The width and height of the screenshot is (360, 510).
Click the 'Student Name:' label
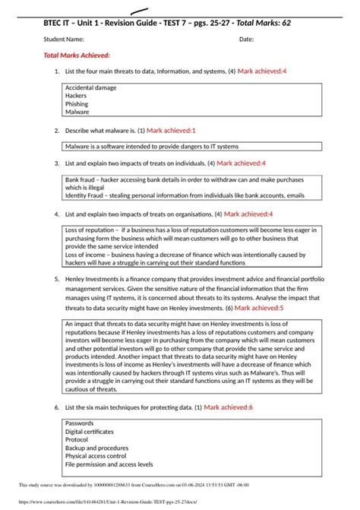64,39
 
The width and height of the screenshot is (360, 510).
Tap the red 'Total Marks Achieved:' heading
77,55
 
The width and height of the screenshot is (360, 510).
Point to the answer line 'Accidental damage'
90,88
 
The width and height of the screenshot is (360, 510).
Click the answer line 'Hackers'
76,97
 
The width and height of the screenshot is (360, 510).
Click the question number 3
57,163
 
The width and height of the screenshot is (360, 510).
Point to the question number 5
57,280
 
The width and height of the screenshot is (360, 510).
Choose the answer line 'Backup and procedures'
96,448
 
